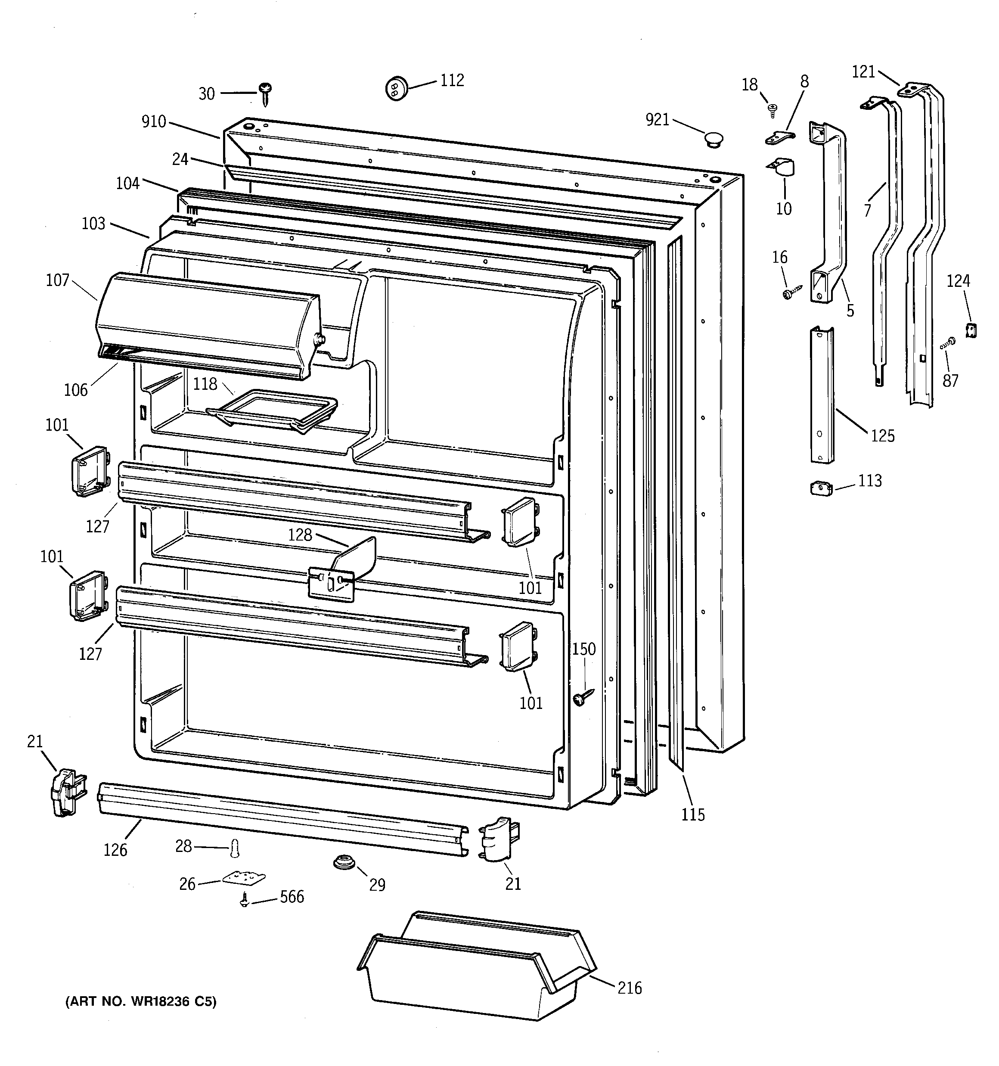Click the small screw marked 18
(x=773, y=110)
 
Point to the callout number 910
(x=154, y=122)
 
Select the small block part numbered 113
(x=821, y=488)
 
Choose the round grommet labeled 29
(x=344, y=863)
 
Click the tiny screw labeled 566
(x=245, y=899)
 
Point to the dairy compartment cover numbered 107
(x=209, y=324)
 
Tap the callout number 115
(x=693, y=814)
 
